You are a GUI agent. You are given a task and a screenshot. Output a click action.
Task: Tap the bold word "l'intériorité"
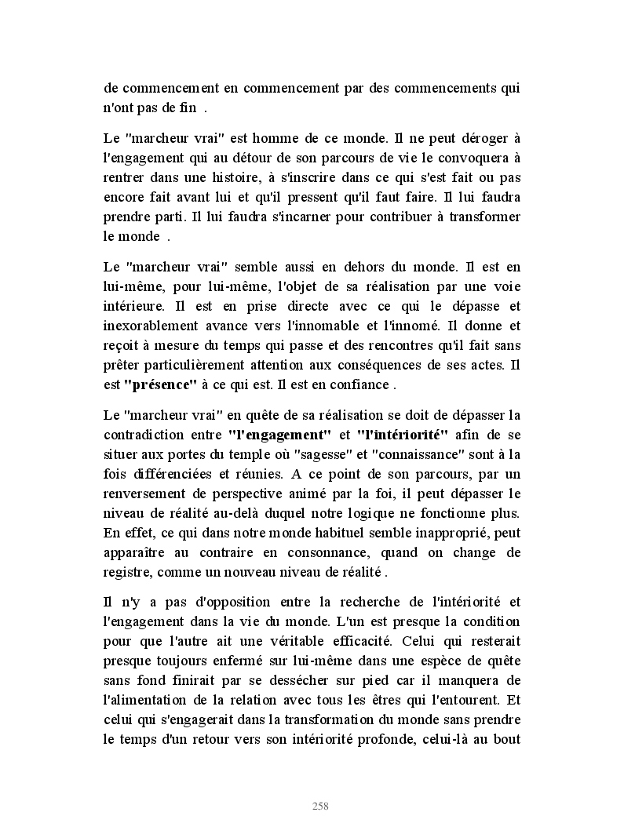(x=402, y=434)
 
